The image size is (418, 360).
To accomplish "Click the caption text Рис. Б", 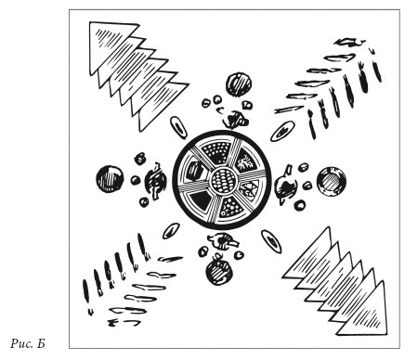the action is click(x=28, y=343).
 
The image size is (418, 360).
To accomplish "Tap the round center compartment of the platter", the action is click(x=223, y=180).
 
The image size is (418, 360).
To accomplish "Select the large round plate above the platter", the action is click(x=239, y=84).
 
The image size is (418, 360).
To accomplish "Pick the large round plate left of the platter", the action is click(x=110, y=179).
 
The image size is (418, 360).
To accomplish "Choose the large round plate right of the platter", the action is click(x=332, y=181).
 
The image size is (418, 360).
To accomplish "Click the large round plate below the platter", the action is click(x=218, y=272).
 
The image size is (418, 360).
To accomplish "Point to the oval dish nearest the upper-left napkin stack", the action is click(x=178, y=127).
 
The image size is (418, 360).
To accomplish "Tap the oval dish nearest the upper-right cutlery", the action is click(x=282, y=131).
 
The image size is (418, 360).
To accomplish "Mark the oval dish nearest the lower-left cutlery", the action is click(x=171, y=231).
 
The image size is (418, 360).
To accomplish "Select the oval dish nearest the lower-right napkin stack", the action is click(x=271, y=241).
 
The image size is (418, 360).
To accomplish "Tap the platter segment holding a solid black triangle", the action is click(x=201, y=200).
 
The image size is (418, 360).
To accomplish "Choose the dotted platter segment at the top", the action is click(x=216, y=151).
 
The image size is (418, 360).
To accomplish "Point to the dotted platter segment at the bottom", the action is click(x=231, y=207).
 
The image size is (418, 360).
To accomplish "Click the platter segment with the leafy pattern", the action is click(x=246, y=161).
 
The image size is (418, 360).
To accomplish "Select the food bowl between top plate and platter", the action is click(x=235, y=120).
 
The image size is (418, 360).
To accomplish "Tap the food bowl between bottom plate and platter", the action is click(x=224, y=241).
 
